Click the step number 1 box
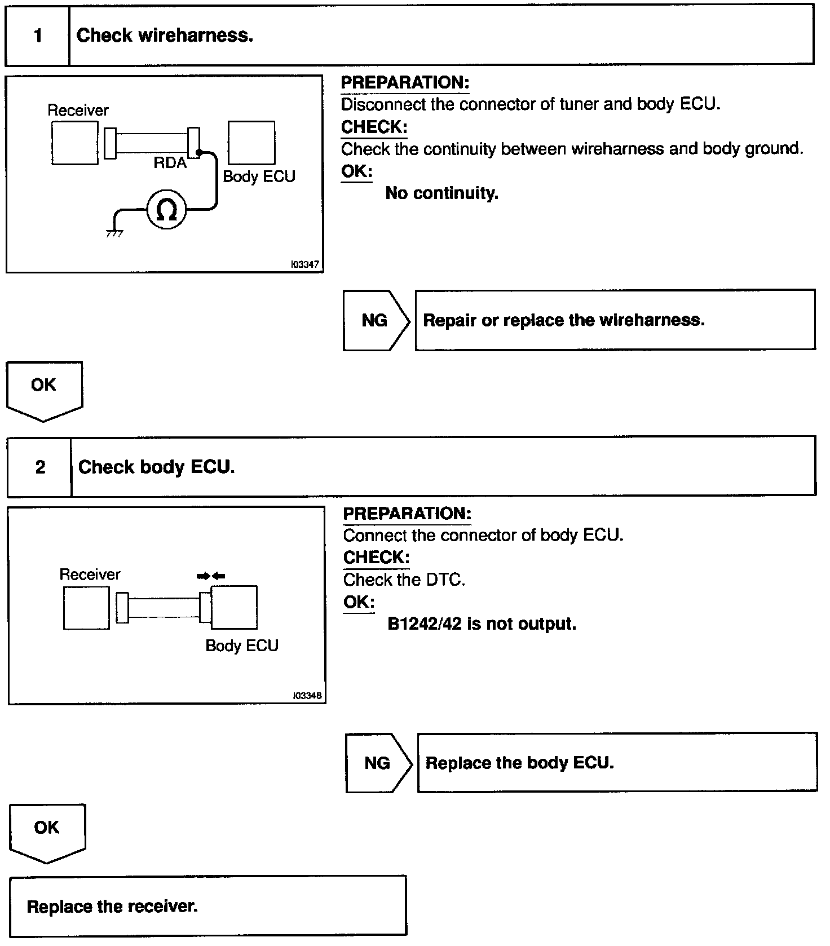point(37,36)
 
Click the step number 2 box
point(39,467)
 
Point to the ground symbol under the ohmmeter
point(114,232)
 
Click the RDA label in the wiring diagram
point(170,163)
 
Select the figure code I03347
point(305,264)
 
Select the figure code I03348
point(307,696)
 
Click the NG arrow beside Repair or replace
point(376,320)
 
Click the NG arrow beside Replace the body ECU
point(378,763)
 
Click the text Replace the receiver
point(112,907)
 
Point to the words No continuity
point(442,193)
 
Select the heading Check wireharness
point(165,36)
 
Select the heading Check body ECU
point(156,467)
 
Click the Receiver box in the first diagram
point(74,143)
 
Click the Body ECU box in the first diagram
point(251,143)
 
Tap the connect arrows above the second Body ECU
point(211,576)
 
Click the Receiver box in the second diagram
point(86,608)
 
